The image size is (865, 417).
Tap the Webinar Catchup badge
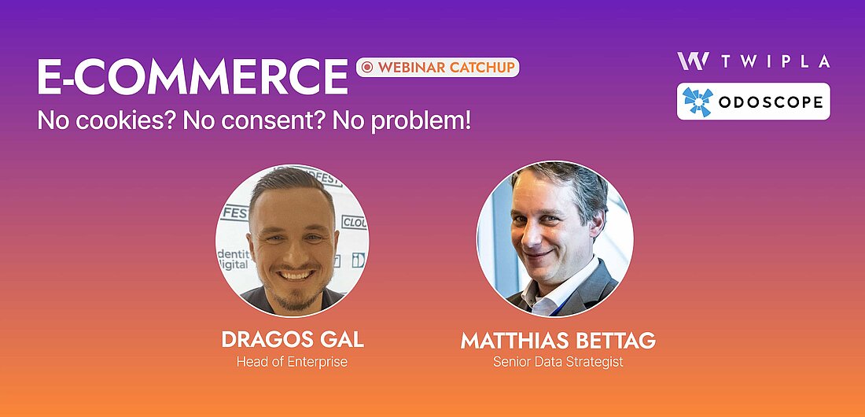437,68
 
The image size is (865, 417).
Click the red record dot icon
368,68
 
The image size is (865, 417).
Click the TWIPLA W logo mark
693,61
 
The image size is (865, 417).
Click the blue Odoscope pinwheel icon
698,101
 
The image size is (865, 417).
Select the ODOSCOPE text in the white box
771,102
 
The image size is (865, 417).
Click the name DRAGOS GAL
293,340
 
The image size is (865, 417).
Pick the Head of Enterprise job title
293,363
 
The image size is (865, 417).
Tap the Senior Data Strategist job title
558,363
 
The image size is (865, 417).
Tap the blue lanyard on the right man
564,305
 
